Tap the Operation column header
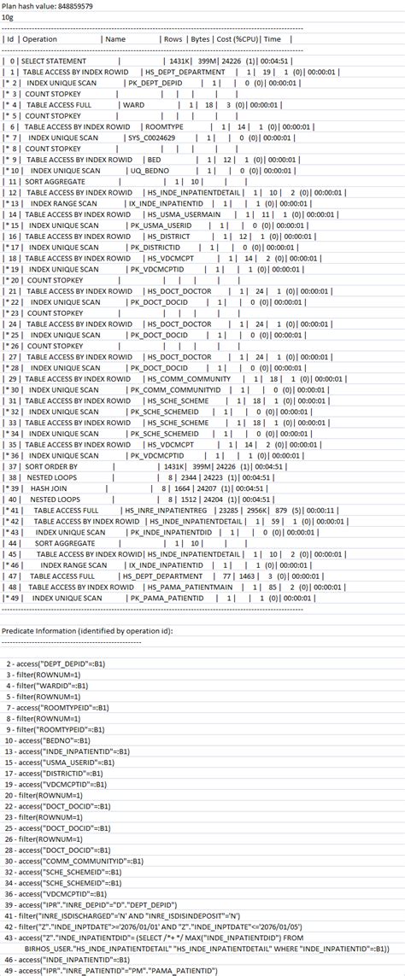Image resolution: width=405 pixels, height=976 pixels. click(40, 39)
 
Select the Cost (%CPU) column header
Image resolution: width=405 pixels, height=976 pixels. click(237, 39)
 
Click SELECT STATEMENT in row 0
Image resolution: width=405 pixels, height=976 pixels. click(54, 61)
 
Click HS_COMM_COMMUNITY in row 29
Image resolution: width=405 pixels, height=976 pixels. click(189, 377)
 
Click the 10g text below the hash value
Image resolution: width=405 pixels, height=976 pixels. click(9, 16)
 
